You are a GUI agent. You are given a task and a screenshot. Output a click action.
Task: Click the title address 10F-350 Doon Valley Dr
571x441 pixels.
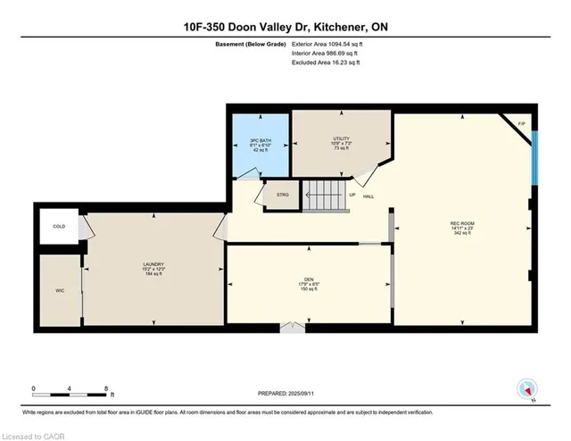pos(285,28)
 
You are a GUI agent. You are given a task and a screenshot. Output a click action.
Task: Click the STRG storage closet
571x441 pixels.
pos(283,194)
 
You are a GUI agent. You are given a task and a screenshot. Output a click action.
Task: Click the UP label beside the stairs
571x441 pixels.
pos(352,194)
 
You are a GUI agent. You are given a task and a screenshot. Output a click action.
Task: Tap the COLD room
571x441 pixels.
pos(59,227)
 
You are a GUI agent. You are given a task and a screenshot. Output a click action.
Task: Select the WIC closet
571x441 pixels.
pos(60,290)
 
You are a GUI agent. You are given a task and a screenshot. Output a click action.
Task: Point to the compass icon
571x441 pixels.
pos(527,389)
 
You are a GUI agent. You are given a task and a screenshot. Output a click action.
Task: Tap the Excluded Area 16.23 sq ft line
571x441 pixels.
pos(327,64)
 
